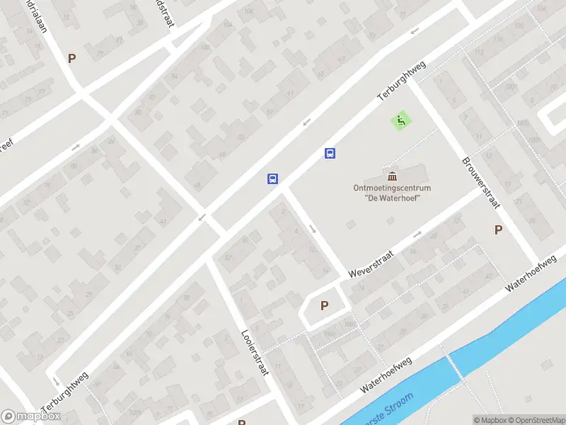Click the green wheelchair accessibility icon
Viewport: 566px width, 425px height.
[401, 121]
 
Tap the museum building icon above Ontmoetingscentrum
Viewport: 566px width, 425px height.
[392, 176]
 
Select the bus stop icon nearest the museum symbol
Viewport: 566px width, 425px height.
[330, 153]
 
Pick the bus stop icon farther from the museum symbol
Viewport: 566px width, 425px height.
[272, 178]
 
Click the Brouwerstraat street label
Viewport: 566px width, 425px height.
[482, 182]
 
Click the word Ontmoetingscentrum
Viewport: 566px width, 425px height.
[392, 188]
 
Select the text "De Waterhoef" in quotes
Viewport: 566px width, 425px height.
[392, 198]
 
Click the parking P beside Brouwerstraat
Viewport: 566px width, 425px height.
[498, 229]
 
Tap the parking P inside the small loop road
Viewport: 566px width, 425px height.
[325, 306]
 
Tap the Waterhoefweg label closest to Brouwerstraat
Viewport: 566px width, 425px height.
[531, 273]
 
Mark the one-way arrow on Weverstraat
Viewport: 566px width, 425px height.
[417, 234]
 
